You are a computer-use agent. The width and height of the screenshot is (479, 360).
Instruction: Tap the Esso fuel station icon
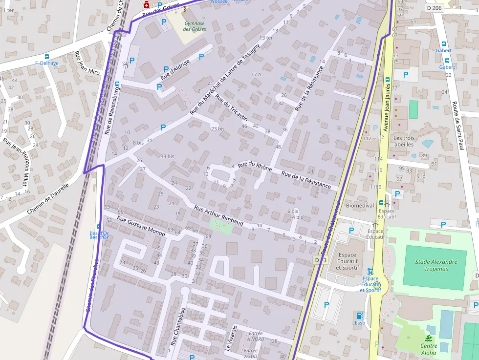pos(360,315)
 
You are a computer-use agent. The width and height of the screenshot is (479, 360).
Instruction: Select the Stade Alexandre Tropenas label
pos(436,265)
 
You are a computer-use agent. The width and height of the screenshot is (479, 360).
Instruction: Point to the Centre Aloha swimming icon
pos(429,338)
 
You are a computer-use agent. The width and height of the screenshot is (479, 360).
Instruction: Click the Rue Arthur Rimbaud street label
pos(218,215)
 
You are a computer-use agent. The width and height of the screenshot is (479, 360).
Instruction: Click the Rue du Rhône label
pos(255,167)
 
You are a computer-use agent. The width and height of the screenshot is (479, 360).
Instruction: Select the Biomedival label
pos(360,206)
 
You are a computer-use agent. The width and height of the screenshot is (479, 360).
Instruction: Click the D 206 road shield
pos(434,8)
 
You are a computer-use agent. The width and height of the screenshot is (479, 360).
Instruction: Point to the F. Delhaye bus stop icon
pos(47,57)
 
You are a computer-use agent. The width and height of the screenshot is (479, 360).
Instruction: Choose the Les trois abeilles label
pos(404,141)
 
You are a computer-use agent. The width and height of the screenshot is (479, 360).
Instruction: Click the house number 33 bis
pos(167,156)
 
